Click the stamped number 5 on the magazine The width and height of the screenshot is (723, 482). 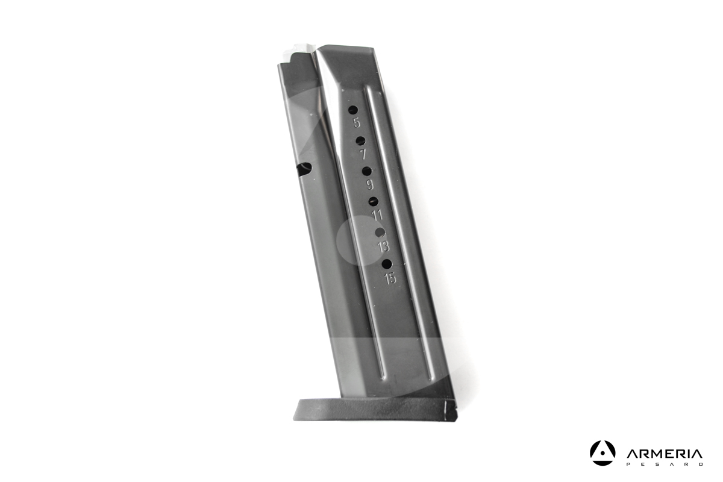[357, 123]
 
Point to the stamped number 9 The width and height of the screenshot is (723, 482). [370, 184]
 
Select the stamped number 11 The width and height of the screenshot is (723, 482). [377, 215]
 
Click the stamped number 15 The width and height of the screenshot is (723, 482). [390, 278]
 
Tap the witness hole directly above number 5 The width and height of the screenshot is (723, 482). [354, 110]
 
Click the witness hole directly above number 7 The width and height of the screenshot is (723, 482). [360, 140]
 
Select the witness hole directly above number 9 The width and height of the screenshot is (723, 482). [367, 171]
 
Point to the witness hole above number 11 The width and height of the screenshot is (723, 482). [374, 202]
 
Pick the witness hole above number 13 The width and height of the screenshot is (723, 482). [380, 233]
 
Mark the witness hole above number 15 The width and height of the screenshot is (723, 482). [387, 263]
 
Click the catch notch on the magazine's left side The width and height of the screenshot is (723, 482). [304, 169]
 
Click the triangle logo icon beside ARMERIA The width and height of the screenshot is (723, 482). [602, 453]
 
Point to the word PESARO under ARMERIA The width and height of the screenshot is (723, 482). [664, 465]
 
